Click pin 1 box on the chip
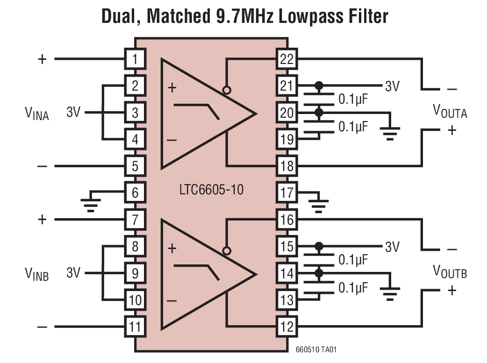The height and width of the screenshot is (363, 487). point(135,59)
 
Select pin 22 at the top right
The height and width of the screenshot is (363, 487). point(286,59)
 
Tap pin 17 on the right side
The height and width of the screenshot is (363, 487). point(286,192)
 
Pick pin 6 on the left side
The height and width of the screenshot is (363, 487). point(135,192)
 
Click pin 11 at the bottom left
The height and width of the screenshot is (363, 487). point(135,326)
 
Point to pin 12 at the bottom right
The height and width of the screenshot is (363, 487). point(286,326)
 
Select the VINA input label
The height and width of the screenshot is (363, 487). point(36,113)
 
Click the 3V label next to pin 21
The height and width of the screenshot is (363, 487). point(392,86)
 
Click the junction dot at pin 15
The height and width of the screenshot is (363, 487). point(319,246)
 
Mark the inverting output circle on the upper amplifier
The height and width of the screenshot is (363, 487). point(227,90)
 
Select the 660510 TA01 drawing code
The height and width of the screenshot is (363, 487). point(316,349)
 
